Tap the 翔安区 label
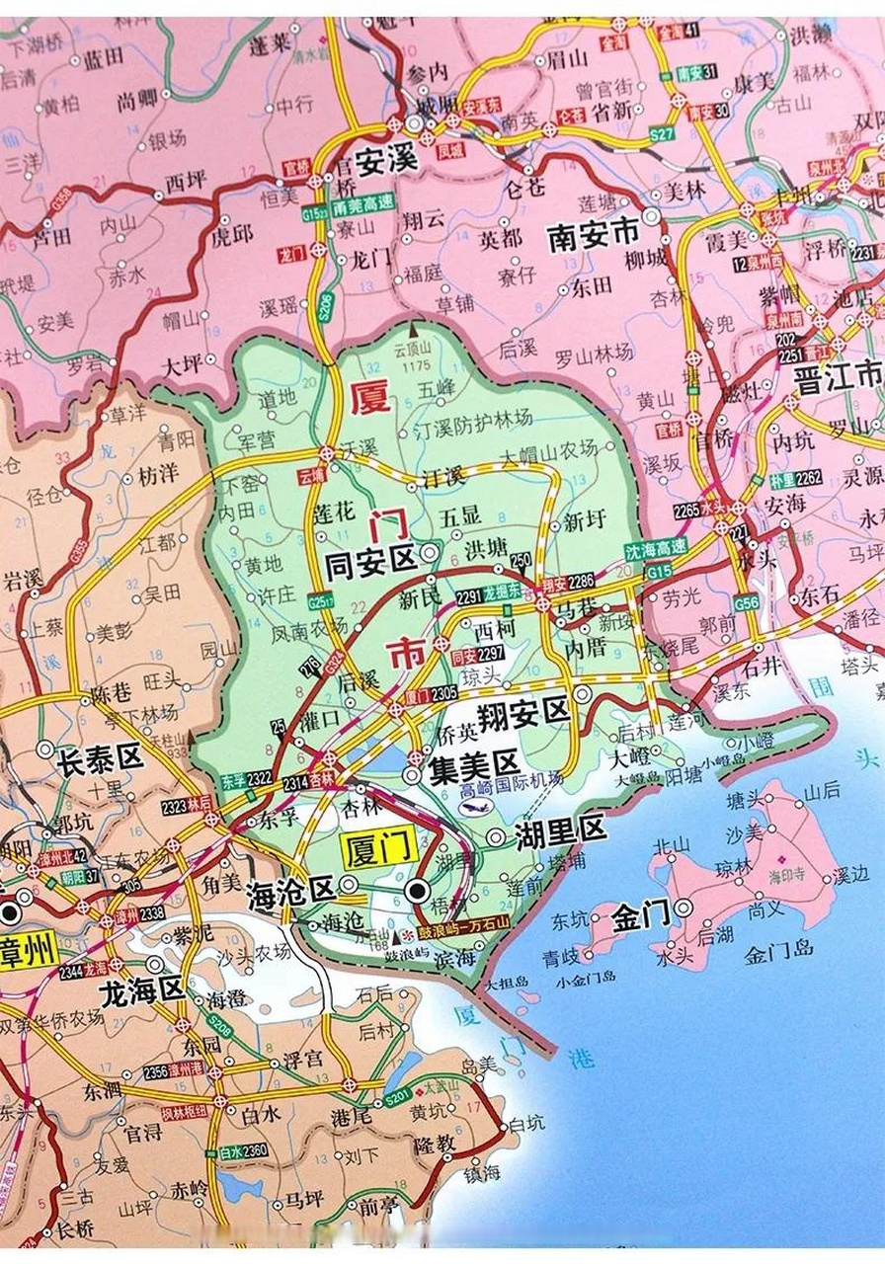click(x=523, y=711)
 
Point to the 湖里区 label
click(x=560, y=832)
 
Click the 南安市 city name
click(x=594, y=236)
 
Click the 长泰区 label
click(x=101, y=758)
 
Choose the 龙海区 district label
click(x=144, y=989)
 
